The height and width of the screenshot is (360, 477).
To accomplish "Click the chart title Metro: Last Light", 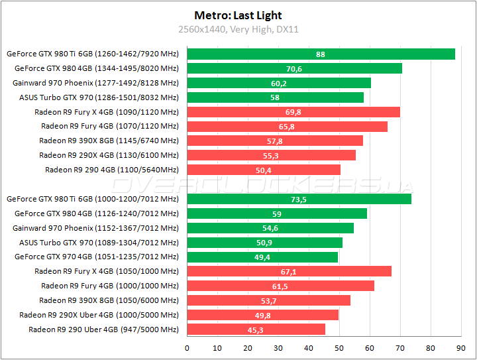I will [238, 15].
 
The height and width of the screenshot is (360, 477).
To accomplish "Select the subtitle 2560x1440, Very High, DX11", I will [238, 29].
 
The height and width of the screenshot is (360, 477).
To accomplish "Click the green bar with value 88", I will [321, 54].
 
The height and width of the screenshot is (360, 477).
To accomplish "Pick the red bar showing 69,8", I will [293, 112].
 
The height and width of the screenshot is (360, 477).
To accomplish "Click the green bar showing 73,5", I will [299, 199].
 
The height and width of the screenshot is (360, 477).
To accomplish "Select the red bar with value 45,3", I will [256, 329].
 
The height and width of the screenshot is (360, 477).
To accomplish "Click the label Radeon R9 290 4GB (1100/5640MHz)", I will [111, 170].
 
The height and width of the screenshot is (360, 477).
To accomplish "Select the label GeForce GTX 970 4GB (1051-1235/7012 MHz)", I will [97, 257].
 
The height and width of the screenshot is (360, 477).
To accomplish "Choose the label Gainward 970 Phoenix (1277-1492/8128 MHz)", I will [95, 83].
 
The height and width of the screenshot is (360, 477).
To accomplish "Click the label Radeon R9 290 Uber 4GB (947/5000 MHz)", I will [103, 330].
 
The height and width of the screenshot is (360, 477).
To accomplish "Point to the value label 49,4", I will [262, 257].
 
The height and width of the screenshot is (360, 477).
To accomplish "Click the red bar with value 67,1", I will [289, 271].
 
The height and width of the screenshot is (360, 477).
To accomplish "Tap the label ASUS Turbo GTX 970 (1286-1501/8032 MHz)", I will [99, 97].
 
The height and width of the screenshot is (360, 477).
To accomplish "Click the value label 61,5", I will [280, 286].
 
